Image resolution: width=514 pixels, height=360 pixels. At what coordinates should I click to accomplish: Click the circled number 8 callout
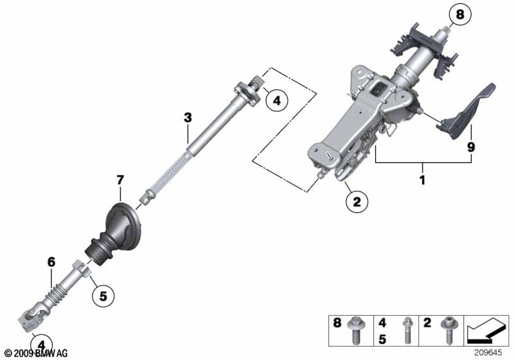(460, 15)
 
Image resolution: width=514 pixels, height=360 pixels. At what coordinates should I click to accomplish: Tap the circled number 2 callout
(357, 202)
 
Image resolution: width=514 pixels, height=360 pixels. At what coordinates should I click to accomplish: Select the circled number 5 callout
(103, 296)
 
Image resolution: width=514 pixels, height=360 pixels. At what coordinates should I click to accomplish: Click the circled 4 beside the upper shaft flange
(277, 101)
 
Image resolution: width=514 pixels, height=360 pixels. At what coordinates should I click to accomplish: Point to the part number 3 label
(188, 118)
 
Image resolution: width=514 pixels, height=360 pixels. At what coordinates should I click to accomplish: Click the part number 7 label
(120, 180)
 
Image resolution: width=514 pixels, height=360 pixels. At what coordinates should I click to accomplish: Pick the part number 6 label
(51, 262)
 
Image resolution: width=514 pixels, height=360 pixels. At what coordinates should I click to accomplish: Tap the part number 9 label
(471, 147)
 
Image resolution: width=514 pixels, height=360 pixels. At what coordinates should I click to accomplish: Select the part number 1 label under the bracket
(423, 179)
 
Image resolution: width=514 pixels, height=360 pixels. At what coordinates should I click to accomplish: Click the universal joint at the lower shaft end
(31, 318)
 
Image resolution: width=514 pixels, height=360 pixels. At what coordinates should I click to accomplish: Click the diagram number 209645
(488, 353)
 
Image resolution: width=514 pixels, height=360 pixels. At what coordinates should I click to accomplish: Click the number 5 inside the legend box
(382, 339)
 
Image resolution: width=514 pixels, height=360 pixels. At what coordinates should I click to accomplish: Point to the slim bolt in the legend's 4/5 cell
(407, 330)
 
